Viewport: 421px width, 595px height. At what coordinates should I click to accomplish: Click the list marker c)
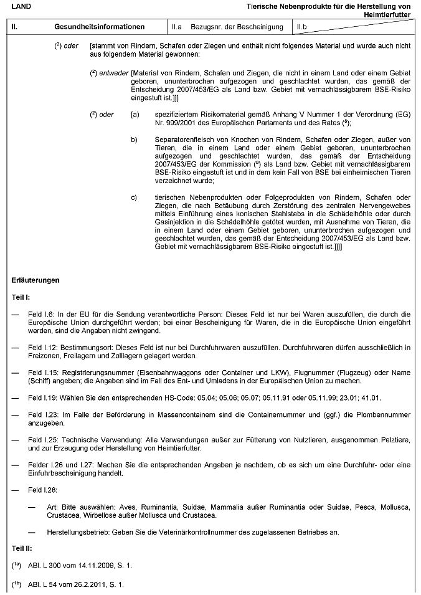(134, 198)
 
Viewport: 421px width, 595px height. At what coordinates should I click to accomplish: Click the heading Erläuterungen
(36, 280)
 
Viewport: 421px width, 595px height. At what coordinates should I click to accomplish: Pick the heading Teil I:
(22, 298)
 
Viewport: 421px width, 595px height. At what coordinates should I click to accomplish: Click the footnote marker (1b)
(17, 584)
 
